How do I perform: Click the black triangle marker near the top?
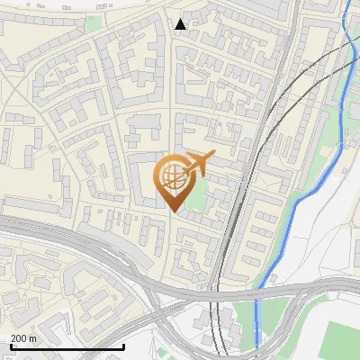(x=181, y=23)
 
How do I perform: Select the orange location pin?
(x=174, y=184)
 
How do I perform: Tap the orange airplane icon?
(x=198, y=164)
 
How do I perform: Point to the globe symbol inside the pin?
(x=174, y=177)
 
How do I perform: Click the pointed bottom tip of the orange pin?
(x=175, y=211)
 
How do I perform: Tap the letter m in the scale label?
(x=32, y=337)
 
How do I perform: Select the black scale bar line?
(x=67, y=346)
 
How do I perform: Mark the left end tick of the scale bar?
(x=11, y=345)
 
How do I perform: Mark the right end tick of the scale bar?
(x=123, y=345)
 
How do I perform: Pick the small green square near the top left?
(x=93, y=22)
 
